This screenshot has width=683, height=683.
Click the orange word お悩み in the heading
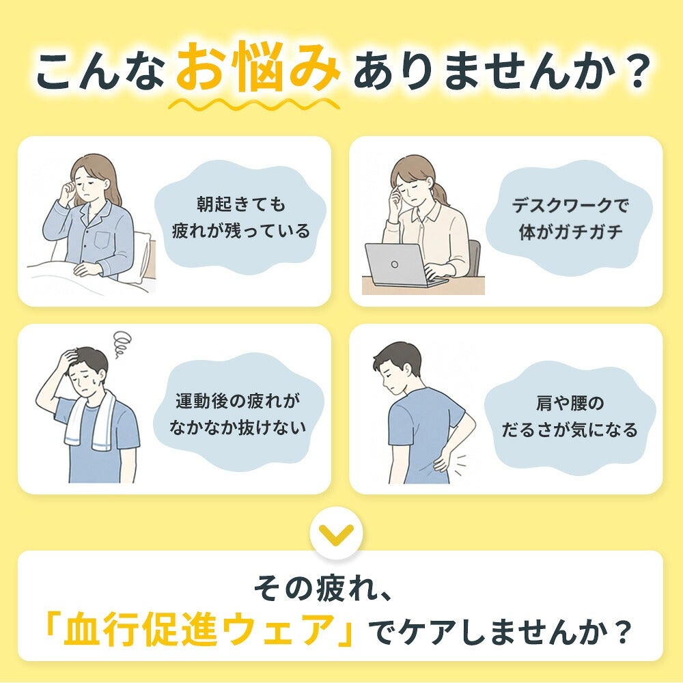(x=258, y=67)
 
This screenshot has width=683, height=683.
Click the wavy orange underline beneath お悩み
(x=254, y=104)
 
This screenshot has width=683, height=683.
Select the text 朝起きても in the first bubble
(x=241, y=204)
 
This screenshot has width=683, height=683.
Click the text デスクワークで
(x=570, y=205)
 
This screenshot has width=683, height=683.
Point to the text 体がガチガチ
(x=570, y=232)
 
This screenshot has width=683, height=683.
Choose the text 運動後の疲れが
(x=238, y=400)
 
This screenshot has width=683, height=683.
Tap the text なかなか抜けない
(x=238, y=427)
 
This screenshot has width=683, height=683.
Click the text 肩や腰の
(x=570, y=403)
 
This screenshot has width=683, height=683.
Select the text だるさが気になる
(x=570, y=430)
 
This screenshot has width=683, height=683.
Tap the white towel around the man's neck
(x=89, y=420)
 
